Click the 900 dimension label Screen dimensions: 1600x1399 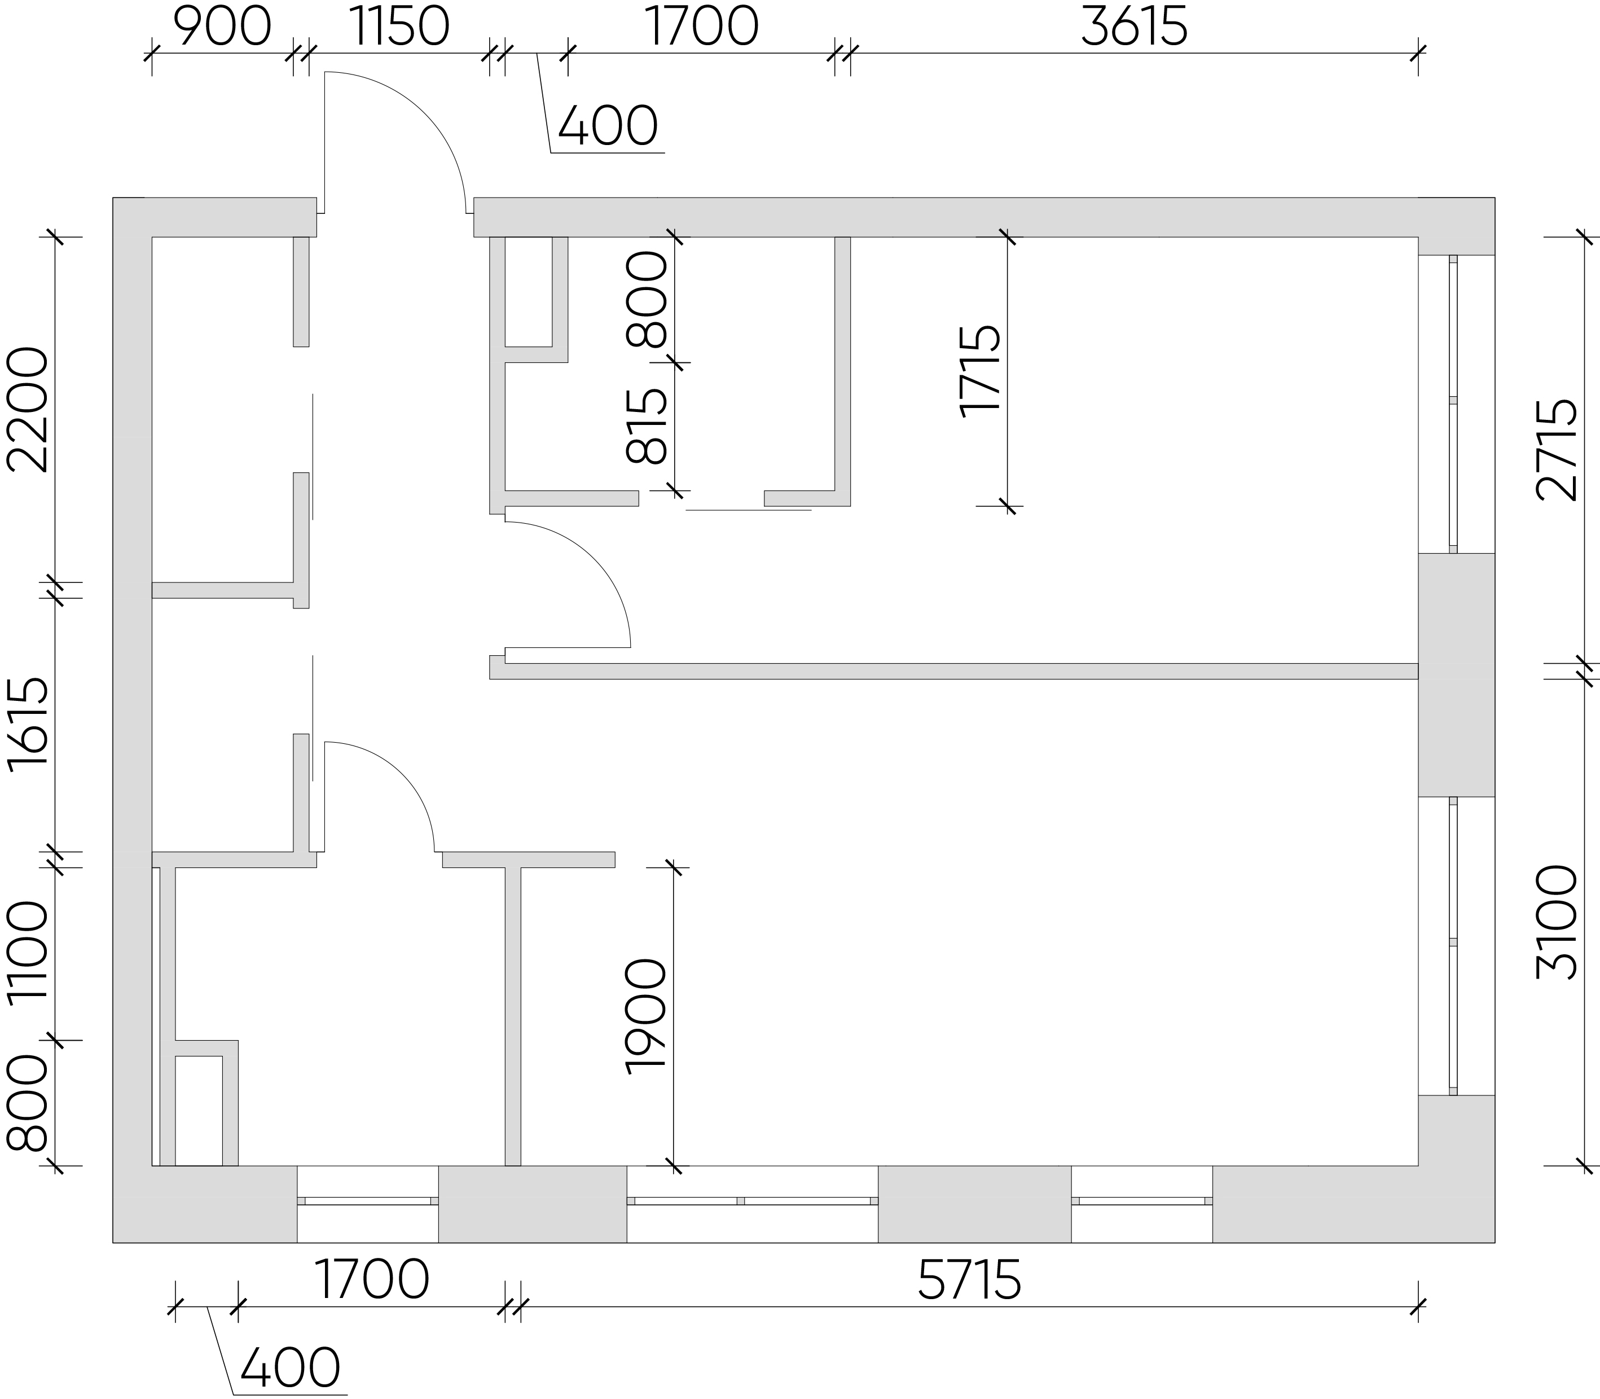pos(222,28)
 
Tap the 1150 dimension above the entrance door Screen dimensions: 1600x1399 pos(399,28)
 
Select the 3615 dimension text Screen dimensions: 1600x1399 pos(1134,28)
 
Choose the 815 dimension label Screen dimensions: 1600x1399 pos(648,426)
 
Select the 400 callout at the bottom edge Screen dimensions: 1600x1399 pos(291,1369)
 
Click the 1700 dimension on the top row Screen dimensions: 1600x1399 pos(702,28)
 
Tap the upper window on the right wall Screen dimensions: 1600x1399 pos(1453,404)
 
